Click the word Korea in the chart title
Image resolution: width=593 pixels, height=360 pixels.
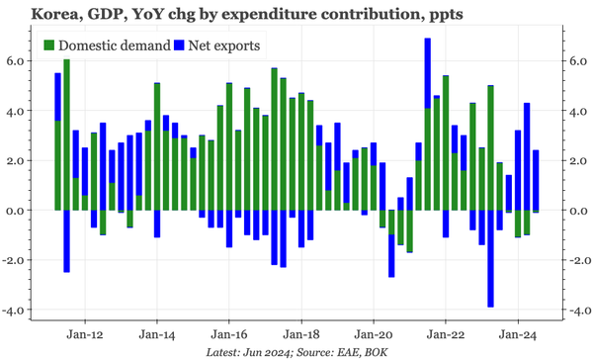(x=31, y=14)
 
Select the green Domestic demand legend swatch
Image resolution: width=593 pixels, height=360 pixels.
(x=50, y=45)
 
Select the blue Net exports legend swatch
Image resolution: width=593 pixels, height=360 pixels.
(x=178, y=45)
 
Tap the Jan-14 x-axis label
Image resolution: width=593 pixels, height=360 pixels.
(x=157, y=334)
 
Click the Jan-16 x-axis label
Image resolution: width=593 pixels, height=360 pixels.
(x=229, y=334)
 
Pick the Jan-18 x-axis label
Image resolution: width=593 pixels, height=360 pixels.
(x=301, y=334)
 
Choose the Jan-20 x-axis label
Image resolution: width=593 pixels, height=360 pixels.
(x=374, y=334)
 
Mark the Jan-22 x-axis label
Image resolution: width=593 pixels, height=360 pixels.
(x=446, y=334)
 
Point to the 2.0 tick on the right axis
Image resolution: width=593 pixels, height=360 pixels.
(x=575, y=160)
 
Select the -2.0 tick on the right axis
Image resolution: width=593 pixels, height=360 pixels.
(x=577, y=260)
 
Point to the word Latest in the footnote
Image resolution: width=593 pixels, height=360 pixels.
(x=225, y=351)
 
